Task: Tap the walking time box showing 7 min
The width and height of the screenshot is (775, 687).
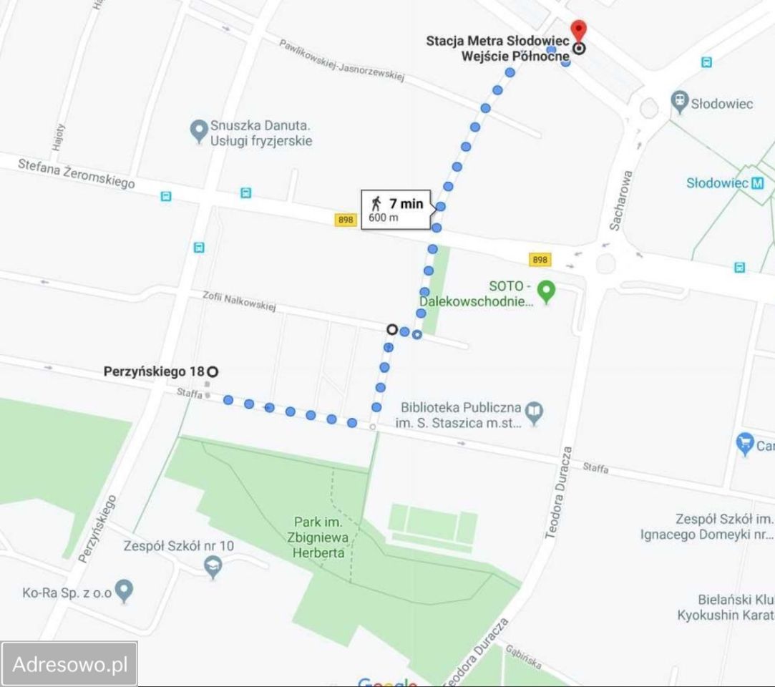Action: click(x=396, y=210)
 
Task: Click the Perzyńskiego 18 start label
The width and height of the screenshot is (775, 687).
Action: click(x=154, y=371)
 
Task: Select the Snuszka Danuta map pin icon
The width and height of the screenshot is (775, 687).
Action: click(x=198, y=132)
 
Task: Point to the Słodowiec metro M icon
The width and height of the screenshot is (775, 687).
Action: click(x=758, y=183)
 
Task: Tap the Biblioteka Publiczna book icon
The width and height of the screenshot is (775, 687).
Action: click(x=535, y=412)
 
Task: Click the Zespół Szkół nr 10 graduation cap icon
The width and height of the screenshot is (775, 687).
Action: click(x=213, y=567)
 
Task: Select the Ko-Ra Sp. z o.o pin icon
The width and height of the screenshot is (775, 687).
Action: click(x=125, y=592)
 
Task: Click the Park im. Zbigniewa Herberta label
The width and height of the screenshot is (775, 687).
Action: click(x=318, y=537)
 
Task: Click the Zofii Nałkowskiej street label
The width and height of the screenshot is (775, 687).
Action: click(x=238, y=302)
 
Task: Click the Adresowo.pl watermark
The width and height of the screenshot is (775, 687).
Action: click(x=69, y=663)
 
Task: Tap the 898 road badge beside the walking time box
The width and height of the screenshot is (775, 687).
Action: click(x=346, y=220)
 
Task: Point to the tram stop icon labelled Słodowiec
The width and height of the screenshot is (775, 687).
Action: click(x=679, y=102)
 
